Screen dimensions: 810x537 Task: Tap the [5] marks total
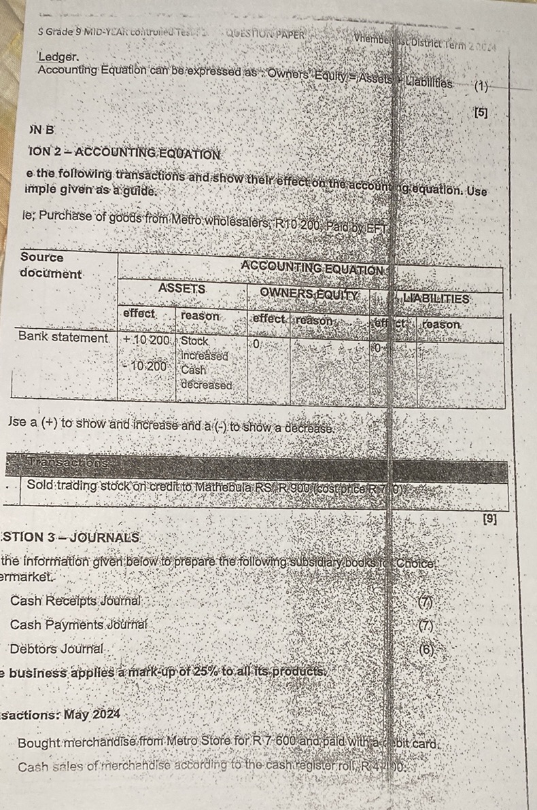pyautogui.click(x=481, y=113)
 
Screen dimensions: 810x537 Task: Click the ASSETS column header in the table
pyautogui.click(x=181, y=288)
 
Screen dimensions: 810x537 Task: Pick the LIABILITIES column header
pyautogui.click(x=436, y=298)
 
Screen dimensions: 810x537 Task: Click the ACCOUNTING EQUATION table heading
pyautogui.click(x=312, y=269)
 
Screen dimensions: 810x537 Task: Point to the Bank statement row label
pyautogui.click(x=63, y=337)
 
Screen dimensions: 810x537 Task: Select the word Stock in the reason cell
pyautogui.click(x=195, y=341)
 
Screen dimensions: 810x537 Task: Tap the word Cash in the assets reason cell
pyautogui.click(x=193, y=370)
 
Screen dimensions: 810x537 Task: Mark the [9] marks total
pyautogui.click(x=489, y=519)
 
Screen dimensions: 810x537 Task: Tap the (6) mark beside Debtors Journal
pyautogui.click(x=426, y=649)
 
